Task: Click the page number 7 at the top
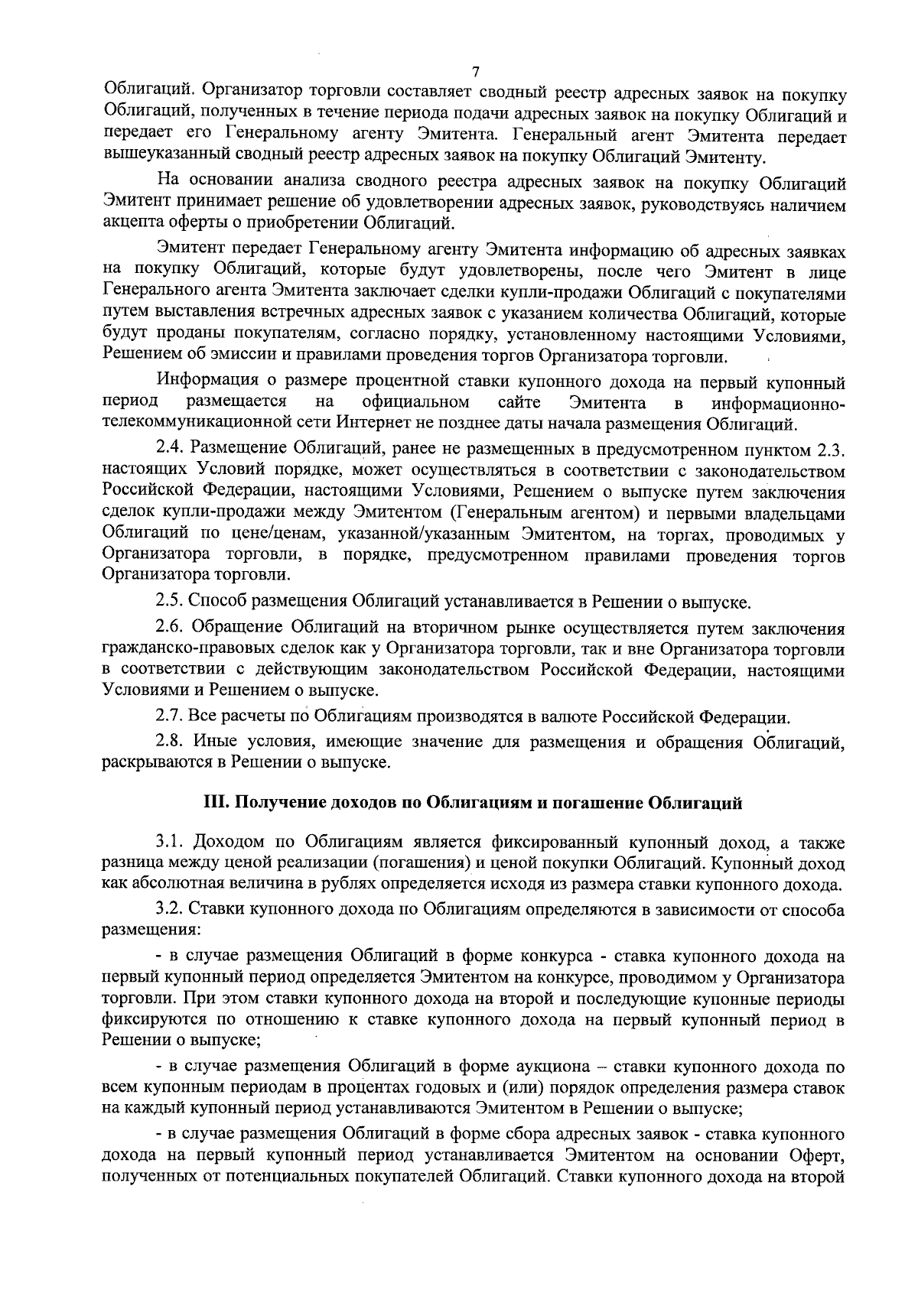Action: coord(477,73)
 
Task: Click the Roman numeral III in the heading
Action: coord(212,803)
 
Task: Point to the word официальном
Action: coord(415,402)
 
